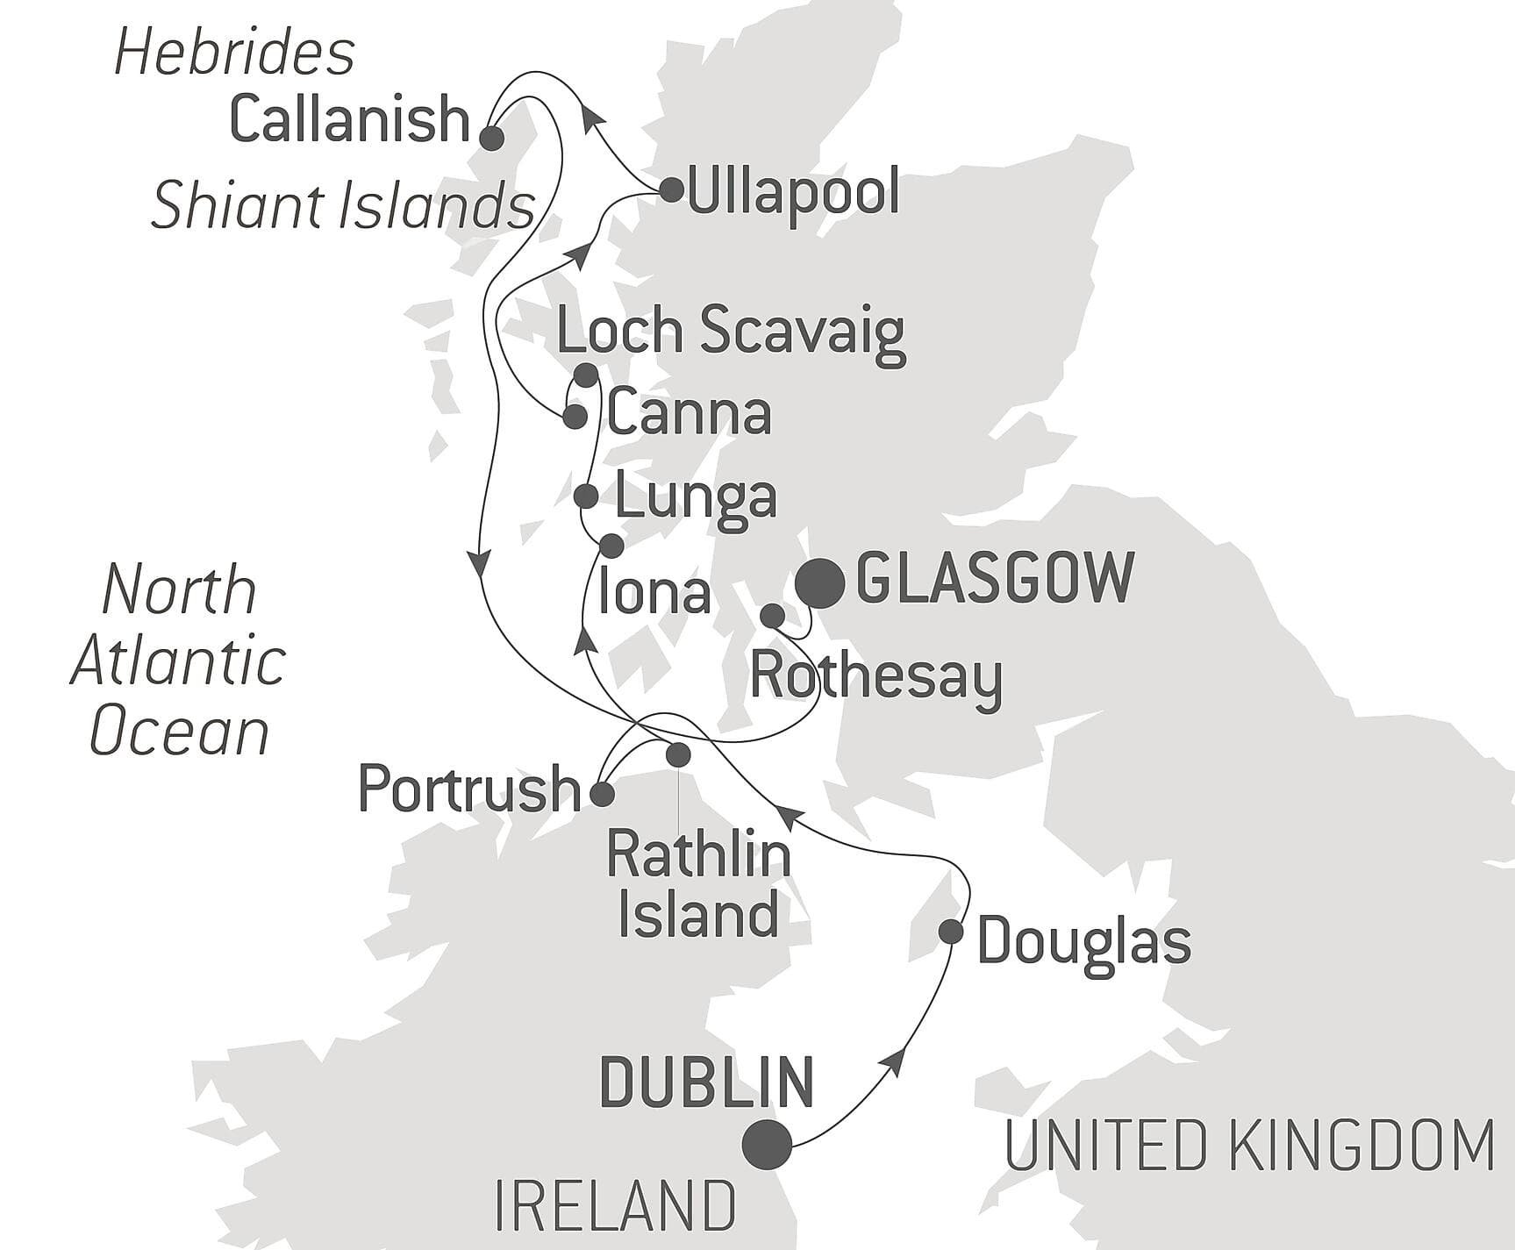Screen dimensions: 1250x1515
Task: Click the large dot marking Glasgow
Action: [x=820, y=583]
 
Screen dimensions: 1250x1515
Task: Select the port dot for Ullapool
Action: [x=671, y=189]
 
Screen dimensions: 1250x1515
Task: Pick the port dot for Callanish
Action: [x=491, y=138]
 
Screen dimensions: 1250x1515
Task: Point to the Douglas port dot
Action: [x=951, y=931]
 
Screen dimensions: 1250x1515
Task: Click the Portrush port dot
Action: [x=602, y=795]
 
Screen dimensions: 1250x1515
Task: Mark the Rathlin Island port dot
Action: [x=678, y=754]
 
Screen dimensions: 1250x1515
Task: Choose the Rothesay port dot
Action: [x=772, y=616]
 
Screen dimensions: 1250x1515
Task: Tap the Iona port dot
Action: [x=611, y=546]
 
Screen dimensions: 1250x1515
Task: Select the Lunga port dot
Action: [x=586, y=496]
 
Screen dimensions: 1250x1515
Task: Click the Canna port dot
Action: [x=575, y=417]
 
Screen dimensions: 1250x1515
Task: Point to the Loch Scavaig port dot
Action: [x=586, y=375]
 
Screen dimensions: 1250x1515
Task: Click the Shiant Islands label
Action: [x=343, y=207]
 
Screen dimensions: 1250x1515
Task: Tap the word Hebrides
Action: [x=235, y=53]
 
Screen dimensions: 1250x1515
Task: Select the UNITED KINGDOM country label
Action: [x=1249, y=1146]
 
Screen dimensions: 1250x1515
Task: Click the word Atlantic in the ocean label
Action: [x=179, y=661]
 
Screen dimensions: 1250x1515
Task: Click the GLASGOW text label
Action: [x=995, y=578]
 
